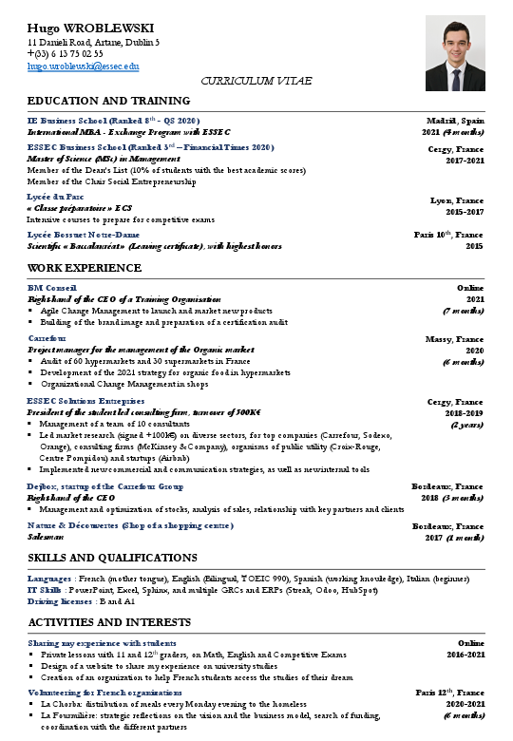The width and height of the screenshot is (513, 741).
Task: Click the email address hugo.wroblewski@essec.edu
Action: click(84, 66)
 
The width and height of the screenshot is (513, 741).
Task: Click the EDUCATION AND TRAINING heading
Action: click(108, 101)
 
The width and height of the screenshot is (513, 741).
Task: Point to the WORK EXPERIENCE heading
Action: click(85, 268)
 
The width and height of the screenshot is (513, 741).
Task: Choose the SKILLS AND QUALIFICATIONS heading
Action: click(112, 558)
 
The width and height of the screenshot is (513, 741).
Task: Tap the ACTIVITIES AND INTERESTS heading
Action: click(109, 622)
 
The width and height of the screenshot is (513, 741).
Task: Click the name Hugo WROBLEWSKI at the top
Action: click(90, 28)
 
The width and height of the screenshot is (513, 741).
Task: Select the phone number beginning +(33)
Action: click(66, 54)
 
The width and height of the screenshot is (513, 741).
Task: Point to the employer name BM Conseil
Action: click(52, 287)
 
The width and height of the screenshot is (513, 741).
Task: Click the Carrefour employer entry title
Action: click(47, 338)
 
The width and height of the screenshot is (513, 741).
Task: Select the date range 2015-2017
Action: click(465, 212)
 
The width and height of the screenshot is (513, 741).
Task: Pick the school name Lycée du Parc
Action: click(56, 197)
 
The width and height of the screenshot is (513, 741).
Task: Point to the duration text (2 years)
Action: click(466, 425)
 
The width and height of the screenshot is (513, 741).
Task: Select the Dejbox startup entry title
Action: click(105, 485)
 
